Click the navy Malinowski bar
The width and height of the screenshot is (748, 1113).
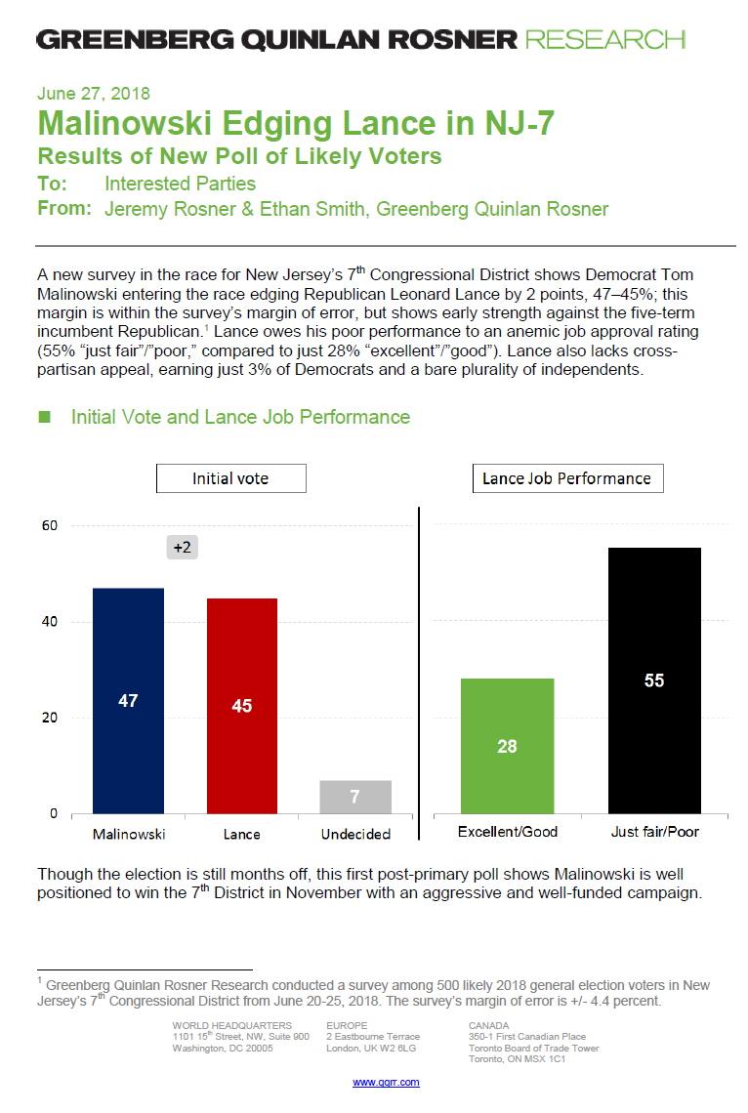(x=128, y=700)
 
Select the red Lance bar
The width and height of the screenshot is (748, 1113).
(x=242, y=705)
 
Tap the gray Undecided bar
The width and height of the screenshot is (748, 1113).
(x=355, y=797)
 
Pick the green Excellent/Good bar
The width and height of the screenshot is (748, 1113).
(x=507, y=746)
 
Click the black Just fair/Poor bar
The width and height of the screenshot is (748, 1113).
(x=654, y=680)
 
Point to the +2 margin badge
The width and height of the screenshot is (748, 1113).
(x=183, y=548)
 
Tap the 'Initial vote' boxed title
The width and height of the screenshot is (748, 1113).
(x=230, y=478)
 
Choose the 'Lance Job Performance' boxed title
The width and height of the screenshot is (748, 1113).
(x=566, y=478)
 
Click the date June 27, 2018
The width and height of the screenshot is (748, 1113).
(x=94, y=95)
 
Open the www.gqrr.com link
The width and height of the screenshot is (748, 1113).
(x=386, y=1082)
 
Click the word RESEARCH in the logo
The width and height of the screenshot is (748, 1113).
(x=604, y=40)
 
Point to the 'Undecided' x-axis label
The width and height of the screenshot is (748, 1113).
(x=355, y=834)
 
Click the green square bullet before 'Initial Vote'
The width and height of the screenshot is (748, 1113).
(x=44, y=417)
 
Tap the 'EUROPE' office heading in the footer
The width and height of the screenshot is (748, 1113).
(x=346, y=1025)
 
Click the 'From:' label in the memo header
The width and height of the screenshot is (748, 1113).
(x=64, y=208)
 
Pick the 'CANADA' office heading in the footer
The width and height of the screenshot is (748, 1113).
(x=488, y=1025)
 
